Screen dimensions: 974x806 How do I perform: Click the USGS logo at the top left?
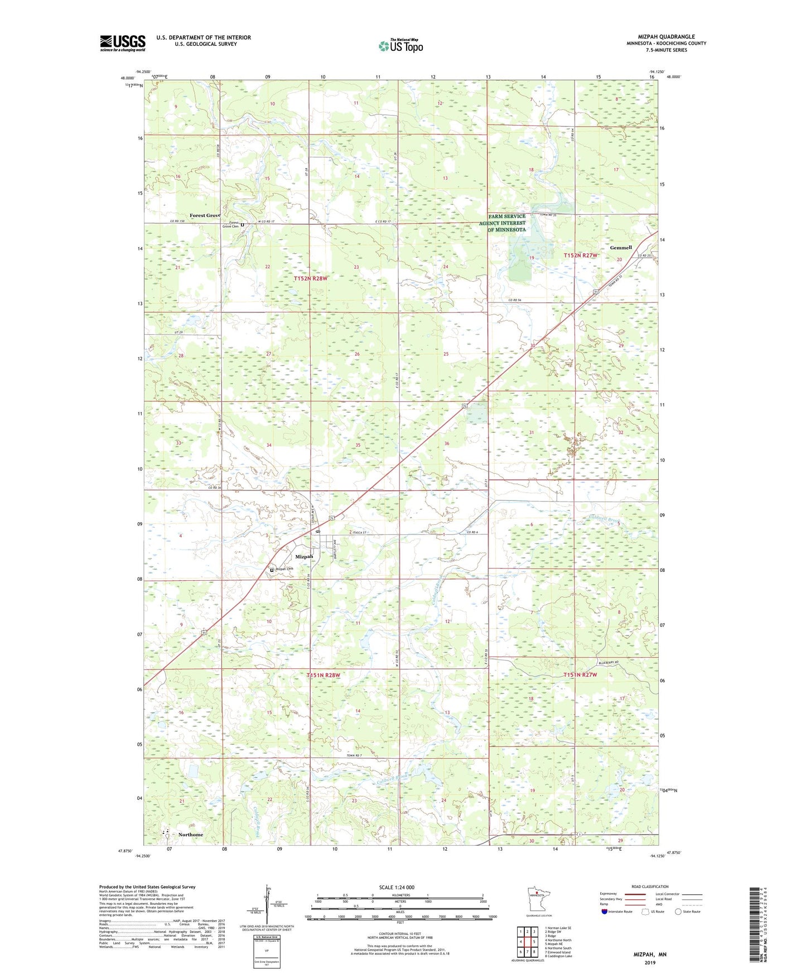[123, 43]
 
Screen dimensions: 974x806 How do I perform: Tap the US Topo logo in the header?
[400, 46]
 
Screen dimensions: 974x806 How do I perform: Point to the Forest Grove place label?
[205, 215]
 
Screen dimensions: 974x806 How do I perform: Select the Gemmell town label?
[621, 248]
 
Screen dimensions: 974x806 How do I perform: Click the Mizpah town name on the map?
[304, 557]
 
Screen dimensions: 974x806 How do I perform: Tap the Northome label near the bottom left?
[191, 835]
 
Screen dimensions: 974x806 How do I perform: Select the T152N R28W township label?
[310, 278]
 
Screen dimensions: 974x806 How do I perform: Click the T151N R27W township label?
[580, 675]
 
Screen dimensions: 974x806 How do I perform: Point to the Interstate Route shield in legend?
[605, 913]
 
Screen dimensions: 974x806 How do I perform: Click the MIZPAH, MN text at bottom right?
[650, 954]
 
